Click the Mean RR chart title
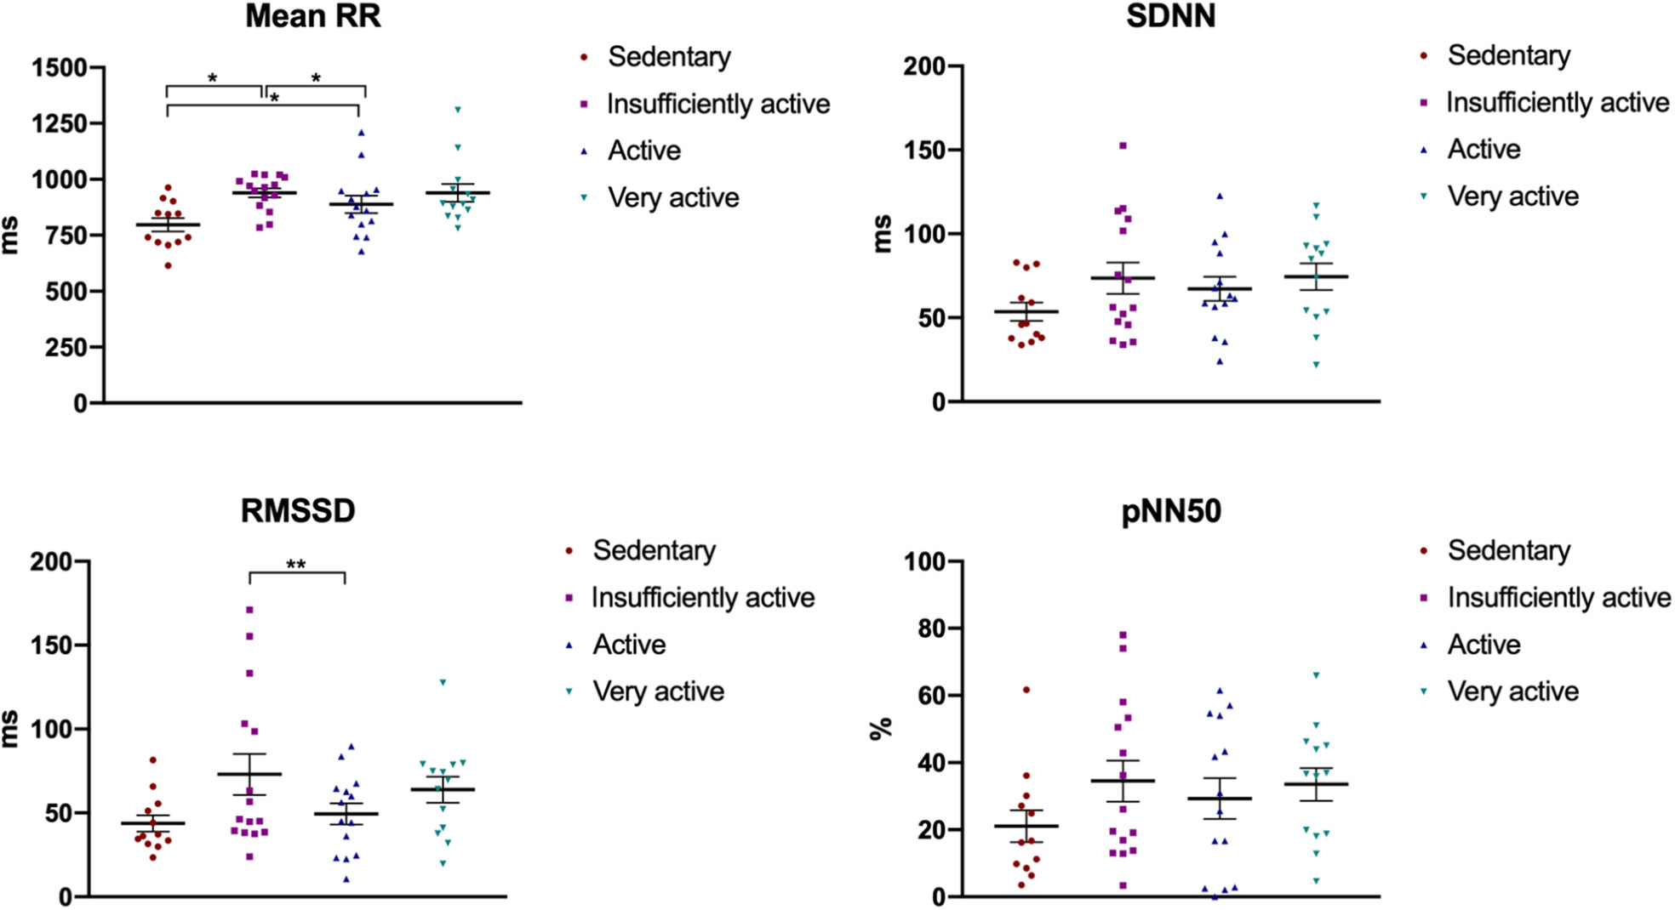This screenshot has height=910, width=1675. click(x=313, y=16)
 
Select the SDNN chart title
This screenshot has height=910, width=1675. click(x=1170, y=16)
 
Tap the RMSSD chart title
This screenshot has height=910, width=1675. click(x=298, y=511)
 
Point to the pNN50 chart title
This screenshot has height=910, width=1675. click(x=1171, y=511)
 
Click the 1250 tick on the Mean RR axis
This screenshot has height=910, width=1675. click(x=59, y=124)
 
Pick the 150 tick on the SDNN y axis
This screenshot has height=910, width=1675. click(x=925, y=151)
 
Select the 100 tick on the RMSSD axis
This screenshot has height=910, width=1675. click(x=52, y=729)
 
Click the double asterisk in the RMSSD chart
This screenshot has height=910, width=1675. click(x=296, y=564)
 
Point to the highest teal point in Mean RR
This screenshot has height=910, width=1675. click(x=458, y=110)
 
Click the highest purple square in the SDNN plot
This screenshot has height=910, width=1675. click(x=1123, y=146)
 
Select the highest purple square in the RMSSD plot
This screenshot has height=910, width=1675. click(x=249, y=610)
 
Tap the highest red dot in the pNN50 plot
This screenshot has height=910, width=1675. click(x=1026, y=690)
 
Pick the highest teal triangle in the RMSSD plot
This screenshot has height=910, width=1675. click(x=443, y=682)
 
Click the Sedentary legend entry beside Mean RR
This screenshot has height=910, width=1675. click(x=668, y=57)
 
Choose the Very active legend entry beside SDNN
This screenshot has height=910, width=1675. click(x=1512, y=196)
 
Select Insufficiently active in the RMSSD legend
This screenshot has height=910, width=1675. click(x=702, y=598)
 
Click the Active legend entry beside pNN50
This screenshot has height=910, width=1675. click(x=1483, y=645)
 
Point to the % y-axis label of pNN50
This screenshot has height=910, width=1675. click(x=882, y=728)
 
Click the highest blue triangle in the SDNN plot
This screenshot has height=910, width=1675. click(x=1220, y=196)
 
